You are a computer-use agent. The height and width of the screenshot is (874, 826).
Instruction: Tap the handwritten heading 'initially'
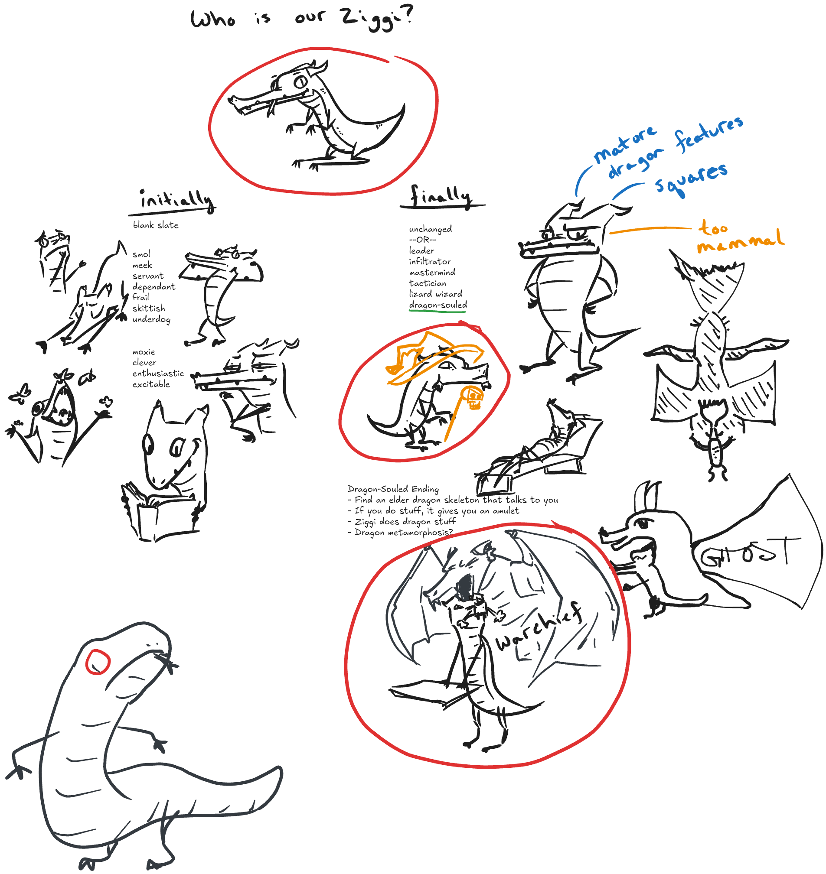click(176, 201)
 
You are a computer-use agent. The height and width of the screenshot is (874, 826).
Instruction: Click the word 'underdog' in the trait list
click(151, 319)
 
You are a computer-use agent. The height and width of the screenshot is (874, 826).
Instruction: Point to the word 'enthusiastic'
click(158, 373)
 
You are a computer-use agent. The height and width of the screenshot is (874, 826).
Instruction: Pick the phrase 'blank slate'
click(155, 225)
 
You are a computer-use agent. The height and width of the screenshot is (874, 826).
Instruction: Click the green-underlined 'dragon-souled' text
click(438, 305)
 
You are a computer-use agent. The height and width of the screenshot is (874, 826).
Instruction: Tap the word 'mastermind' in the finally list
click(432, 273)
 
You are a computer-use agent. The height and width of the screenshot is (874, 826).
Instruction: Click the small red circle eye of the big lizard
click(97, 661)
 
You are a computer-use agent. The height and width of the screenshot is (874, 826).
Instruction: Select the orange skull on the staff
click(474, 398)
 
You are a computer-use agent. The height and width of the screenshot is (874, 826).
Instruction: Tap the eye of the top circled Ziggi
click(301, 82)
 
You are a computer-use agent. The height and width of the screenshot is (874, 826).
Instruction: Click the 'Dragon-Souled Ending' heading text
click(393, 489)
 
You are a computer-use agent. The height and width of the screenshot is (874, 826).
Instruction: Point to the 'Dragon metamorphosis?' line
click(400, 533)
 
